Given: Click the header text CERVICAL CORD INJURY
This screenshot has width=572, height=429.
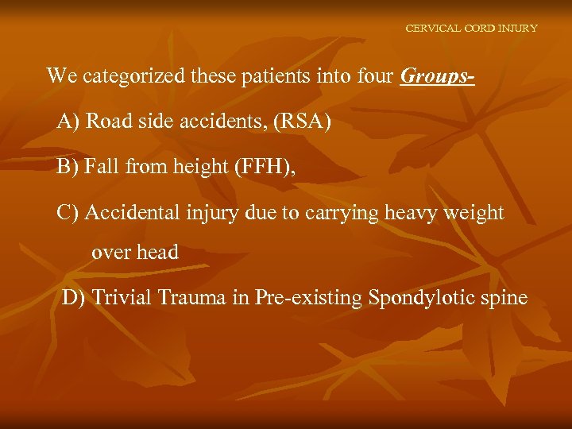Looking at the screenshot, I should pos(471,28).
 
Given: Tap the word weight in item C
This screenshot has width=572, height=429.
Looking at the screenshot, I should pos(475,213).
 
